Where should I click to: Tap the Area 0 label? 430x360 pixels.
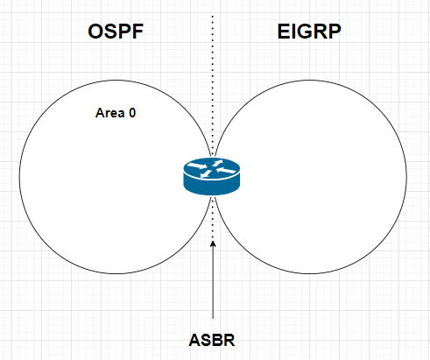[x=116, y=113]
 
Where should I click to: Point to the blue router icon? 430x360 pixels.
[x=210, y=175]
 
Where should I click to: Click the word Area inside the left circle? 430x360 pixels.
[x=109, y=113]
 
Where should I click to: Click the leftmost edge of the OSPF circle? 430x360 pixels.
[x=18, y=177]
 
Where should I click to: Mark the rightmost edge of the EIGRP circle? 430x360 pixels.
[x=407, y=177]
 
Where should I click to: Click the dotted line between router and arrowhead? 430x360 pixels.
[x=213, y=219]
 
